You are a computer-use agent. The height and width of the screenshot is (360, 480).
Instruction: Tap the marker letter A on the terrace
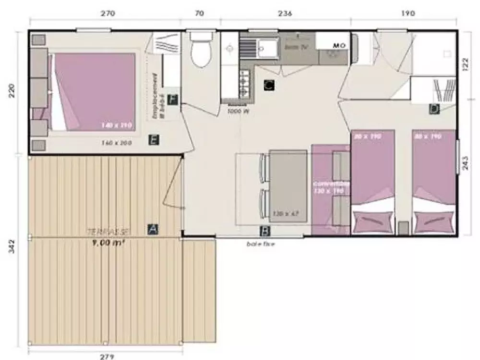coord(153,229)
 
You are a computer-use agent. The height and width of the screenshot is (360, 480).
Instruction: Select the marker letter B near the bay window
coord(264,231)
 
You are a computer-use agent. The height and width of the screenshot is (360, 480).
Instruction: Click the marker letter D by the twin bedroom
coord(434,109)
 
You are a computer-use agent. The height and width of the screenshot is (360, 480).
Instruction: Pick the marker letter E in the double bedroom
coord(154,140)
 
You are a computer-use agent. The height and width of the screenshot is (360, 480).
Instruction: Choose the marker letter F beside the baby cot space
coord(173,100)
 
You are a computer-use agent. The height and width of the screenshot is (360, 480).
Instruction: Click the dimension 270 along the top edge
coord(108,13)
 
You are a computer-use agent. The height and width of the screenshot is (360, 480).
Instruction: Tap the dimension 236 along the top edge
coord(285,13)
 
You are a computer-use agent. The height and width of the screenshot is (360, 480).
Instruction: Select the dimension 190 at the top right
coord(407,13)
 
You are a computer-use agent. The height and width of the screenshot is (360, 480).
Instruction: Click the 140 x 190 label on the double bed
coord(116,125)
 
